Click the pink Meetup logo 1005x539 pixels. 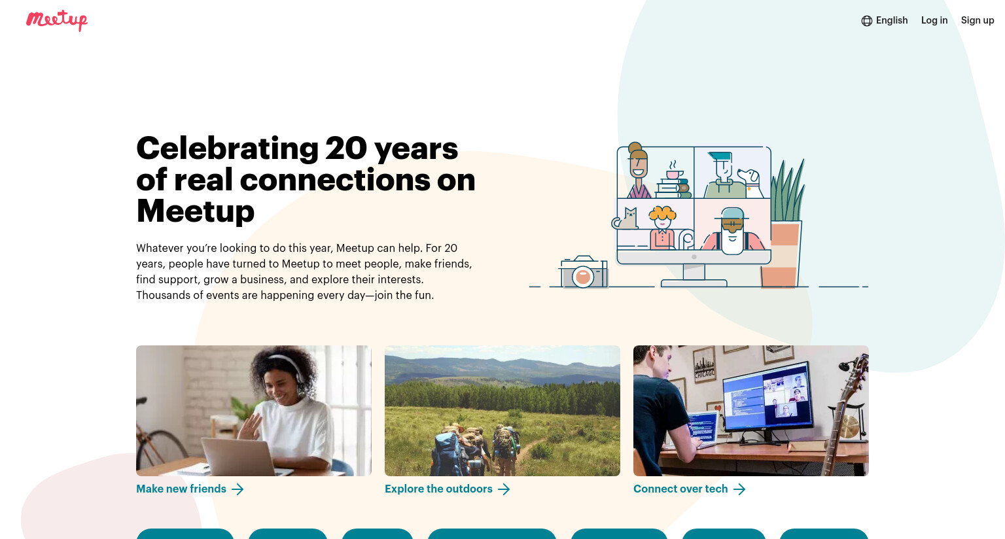coord(57,20)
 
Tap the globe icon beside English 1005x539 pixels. coord(866,21)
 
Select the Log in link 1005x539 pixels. coord(934,20)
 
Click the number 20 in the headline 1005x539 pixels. coord(346,148)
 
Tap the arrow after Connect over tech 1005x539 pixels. coord(739,489)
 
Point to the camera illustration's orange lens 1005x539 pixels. coord(583,276)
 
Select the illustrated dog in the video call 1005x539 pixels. coord(750,182)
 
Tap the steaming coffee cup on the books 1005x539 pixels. coord(674,170)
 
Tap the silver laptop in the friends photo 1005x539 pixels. coord(240,457)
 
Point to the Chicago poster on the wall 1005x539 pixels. coord(704,366)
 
